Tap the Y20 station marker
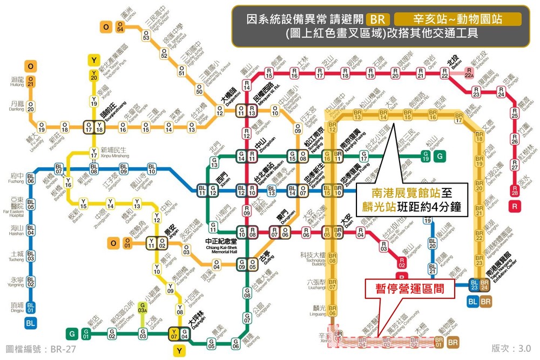(94, 76)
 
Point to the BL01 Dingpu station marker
(31, 308)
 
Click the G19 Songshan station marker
(426, 157)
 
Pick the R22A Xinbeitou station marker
(469, 76)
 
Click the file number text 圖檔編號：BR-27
(40, 349)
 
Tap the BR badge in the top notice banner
(376, 19)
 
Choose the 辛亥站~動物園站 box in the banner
(458, 19)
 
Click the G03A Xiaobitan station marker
(143, 308)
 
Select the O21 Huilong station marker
(31, 81)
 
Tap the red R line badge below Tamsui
(515, 206)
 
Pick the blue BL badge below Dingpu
(31, 323)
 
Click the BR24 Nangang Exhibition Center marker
(484, 284)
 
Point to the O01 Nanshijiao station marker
(127, 244)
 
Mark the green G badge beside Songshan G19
(441, 157)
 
